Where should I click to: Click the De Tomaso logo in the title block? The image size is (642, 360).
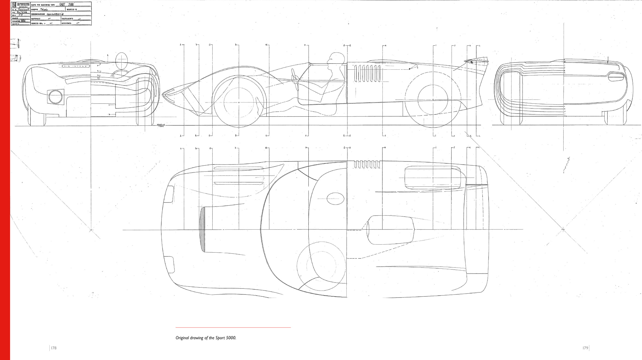pos(14,5)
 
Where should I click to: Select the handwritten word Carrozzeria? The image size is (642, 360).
pos(55,14)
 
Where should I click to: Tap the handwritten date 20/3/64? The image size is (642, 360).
pos(22,12)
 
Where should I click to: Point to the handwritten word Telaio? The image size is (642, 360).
pos(44,9)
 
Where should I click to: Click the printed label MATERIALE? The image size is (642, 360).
pos(36,19)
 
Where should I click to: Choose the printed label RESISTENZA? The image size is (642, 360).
pos(66,24)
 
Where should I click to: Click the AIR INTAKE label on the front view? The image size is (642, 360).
pos(76,66)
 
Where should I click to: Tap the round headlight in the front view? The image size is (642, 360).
pos(55,97)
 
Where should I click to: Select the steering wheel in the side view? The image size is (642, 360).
pos(295,78)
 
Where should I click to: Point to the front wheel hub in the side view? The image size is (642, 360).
pos(239,103)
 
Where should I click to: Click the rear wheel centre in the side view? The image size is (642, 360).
pos(433,99)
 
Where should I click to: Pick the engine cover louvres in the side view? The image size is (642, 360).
pos(367,73)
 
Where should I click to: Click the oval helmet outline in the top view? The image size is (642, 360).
pos(335,199)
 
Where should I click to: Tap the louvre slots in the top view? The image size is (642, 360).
pos(367,164)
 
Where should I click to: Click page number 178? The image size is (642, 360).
pos(54,348)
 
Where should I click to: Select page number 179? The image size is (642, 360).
pos(585,348)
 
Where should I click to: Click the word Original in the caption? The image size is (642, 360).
pos(182,338)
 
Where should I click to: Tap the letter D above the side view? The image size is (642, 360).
pos(236,45)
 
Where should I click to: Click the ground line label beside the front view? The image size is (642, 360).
pos(161,125)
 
